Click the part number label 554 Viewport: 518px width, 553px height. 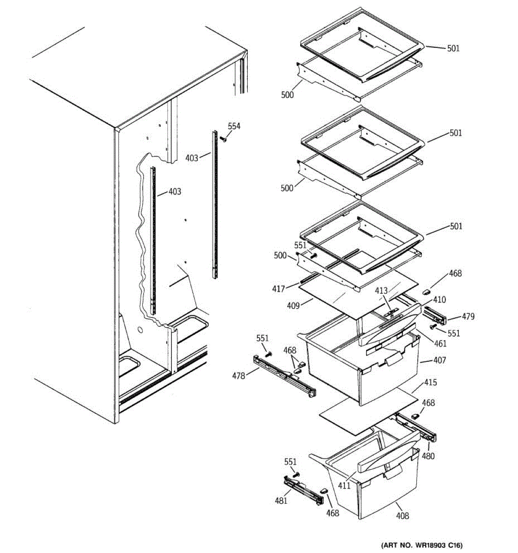(234, 127)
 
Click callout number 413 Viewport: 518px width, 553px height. (381, 291)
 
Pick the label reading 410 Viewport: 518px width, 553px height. (439, 300)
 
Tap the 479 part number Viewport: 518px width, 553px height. (468, 317)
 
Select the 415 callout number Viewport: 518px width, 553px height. (431, 382)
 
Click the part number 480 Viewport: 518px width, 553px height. (428, 457)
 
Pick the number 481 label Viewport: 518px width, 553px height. (281, 500)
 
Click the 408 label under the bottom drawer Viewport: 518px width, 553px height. (402, 516)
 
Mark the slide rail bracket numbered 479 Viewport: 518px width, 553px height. (435, 315)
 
